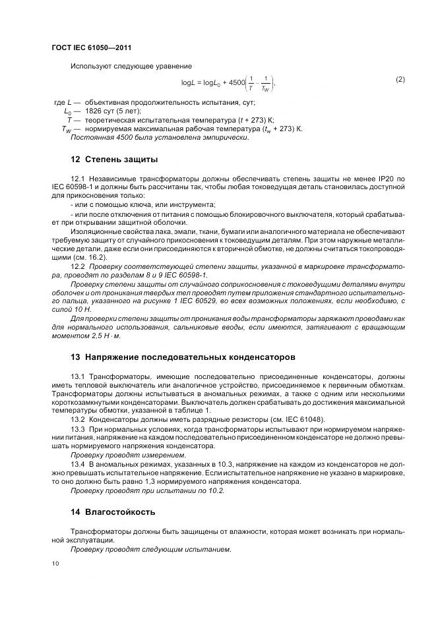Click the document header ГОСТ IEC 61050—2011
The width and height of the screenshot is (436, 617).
click(x=96, y=49)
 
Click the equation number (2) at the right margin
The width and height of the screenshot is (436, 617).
click(x=400, y=80)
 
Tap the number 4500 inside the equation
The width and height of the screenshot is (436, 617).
click(x=235, y=83)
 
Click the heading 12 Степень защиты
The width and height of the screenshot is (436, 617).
click(x=114, y=160)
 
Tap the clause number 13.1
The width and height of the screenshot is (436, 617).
click(x=78, y=376)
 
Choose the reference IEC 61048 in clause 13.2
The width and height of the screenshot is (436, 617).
click(x=302, y=419)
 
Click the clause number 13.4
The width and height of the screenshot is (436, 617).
click(x=78, y=464)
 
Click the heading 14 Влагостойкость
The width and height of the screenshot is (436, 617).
click(x=114, y=512)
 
